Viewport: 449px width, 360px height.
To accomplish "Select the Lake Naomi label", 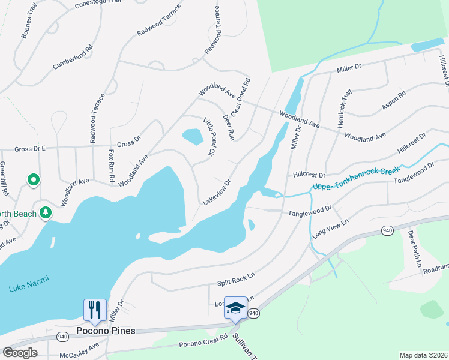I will (x=29, y=289).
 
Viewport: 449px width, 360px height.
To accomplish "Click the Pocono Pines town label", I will (x=106, y=331).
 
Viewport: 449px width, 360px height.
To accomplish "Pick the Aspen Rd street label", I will (x=394, y=101).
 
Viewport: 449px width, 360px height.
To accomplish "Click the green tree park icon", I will (x=45, y=213).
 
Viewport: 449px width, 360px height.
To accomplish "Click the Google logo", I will (x=20, y=352).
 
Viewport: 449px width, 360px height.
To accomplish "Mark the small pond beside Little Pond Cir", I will (x=193, y=137).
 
